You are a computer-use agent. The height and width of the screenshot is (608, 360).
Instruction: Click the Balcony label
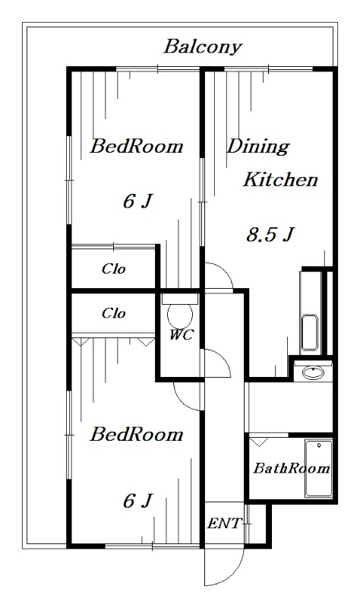click(x=203, y=47)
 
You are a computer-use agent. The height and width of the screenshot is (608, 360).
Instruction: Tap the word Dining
click(x=258, y=147)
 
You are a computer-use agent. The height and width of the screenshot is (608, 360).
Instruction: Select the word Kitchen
click(x=280, y=179)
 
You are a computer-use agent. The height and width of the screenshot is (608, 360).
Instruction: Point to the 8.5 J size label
click(x=270, y=234)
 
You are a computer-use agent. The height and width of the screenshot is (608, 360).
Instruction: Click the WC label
click(x=181, y=334)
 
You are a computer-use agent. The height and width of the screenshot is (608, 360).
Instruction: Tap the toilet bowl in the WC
click(x=180, y=315)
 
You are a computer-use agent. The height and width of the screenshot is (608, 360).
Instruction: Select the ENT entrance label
click(x=224, y=524)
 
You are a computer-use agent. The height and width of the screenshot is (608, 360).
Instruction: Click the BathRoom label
click(x=292, y=468)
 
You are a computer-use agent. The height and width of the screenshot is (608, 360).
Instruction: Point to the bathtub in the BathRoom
click(x=318, y=468)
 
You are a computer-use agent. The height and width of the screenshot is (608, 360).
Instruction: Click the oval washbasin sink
click(x=313, y=373)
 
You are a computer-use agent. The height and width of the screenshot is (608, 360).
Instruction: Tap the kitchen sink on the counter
click(x=310, y=332)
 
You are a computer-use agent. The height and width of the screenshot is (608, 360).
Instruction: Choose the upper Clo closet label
click(x=113, y=269)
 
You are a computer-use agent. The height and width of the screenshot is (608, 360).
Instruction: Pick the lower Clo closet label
click(x=113, y=313)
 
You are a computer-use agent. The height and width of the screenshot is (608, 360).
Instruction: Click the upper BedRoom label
click(x=137, y=147)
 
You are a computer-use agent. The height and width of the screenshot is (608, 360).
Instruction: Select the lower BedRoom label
click(x=137, y=434)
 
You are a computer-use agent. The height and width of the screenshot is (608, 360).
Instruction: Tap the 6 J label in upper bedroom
click(x=137, y=201)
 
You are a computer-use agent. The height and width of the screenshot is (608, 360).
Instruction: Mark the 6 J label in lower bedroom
click(x=137, y=501)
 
